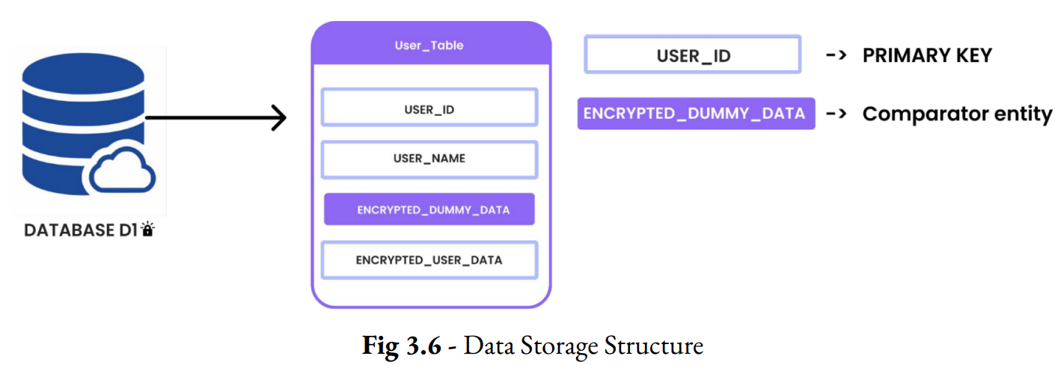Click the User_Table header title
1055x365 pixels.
pos(429,46)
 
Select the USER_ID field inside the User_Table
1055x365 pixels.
pos(429,108)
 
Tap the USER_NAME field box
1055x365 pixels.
pos(429,159)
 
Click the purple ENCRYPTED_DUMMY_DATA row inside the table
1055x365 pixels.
pos(429,209)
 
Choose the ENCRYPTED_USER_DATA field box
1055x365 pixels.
pos(429,260)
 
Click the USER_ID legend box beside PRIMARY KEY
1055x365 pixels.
pos(692,55)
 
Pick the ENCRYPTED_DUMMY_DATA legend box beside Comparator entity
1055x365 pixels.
pos(695,114)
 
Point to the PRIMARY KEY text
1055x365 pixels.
pos(927,55)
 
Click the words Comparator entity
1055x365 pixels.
pos(957,114)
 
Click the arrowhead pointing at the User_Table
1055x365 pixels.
pos(278,118)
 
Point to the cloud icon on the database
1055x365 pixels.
pos(122,174)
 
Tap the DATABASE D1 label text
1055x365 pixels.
pos(80,230)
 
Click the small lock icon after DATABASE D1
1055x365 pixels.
pos(147,230)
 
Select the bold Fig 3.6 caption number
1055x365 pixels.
pos(402,346)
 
